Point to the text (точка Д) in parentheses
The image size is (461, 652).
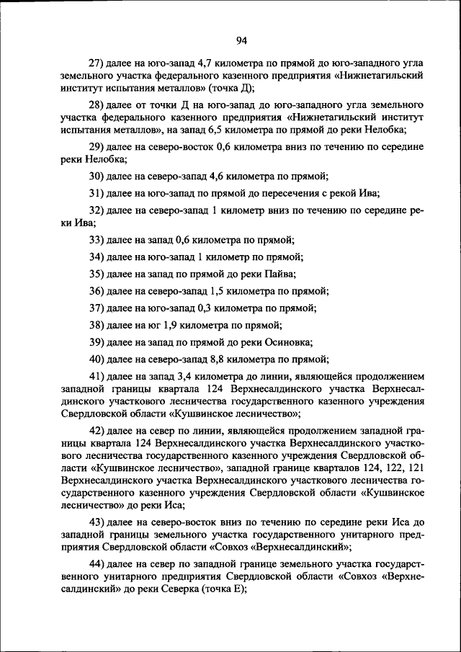232,88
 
